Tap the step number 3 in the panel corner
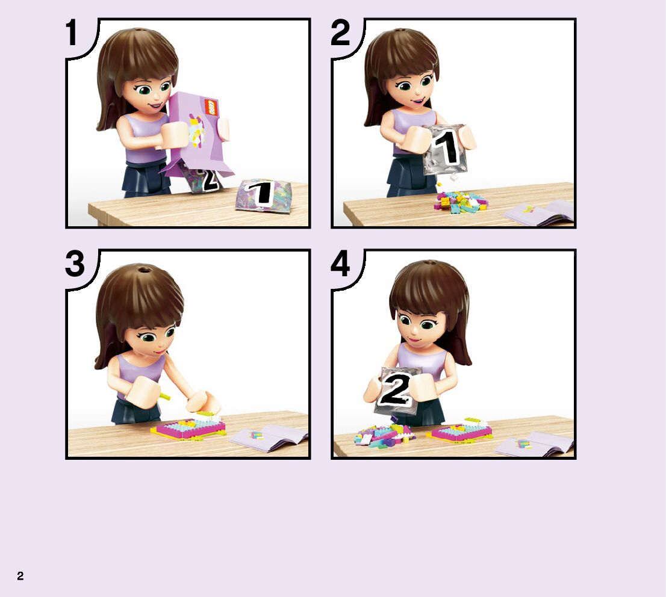pyautogui.click(x=75, y=264)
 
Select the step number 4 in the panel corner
pyautogui.click(x=340, y=264)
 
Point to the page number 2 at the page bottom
pyautogui.click(x=20, y=576)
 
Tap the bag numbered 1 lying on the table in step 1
pyautogui.click(x=263, y=195)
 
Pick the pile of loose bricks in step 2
pyautogui.click(x=460, y=201)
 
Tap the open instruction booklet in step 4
pyautogui.click(x=535, y=444)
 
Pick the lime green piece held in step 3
pyautogui.click(x=164, y=397)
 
